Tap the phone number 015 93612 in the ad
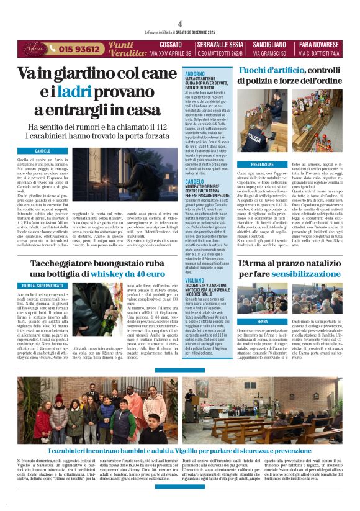[x=81, y=49]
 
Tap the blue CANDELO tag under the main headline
[x=43, y=151]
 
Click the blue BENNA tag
[x=262, y=321]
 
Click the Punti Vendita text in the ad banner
[x=127, y=49]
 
